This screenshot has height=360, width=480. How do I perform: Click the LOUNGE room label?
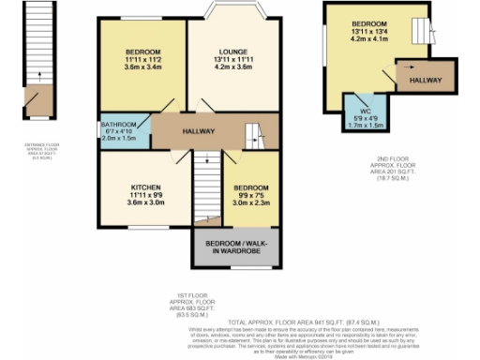click(x=232, y=50)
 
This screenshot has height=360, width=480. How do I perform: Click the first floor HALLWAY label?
click(x=199, y=131)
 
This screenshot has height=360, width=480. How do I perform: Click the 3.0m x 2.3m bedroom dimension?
click(x=251, y=202)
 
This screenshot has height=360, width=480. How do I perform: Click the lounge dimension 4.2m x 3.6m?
click(x=232, y=67)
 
